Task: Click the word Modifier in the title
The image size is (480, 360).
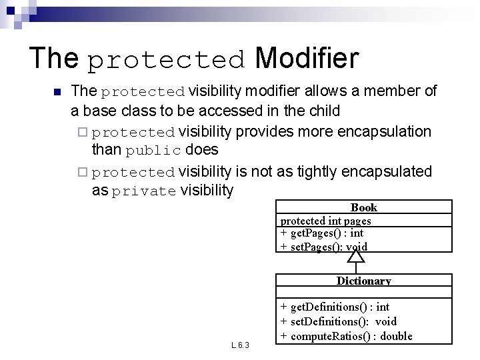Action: point(307,58)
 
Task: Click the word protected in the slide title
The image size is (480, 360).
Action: point(167,61)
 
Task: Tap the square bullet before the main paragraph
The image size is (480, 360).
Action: point(57,92)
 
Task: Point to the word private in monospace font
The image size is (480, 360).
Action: point(144,192)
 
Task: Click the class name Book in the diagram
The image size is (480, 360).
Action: point(363,207)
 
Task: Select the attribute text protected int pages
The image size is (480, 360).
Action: point(325,221)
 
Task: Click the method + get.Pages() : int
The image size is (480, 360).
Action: point(321,233)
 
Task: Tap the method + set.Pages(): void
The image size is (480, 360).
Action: point(323,247)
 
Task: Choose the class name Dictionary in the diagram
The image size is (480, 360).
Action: point(363,281)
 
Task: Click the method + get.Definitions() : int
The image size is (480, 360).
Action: point(335,307)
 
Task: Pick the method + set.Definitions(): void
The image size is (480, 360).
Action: point(339,321)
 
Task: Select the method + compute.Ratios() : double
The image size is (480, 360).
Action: point(346,336)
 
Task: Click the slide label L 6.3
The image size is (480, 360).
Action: point(240,345)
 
